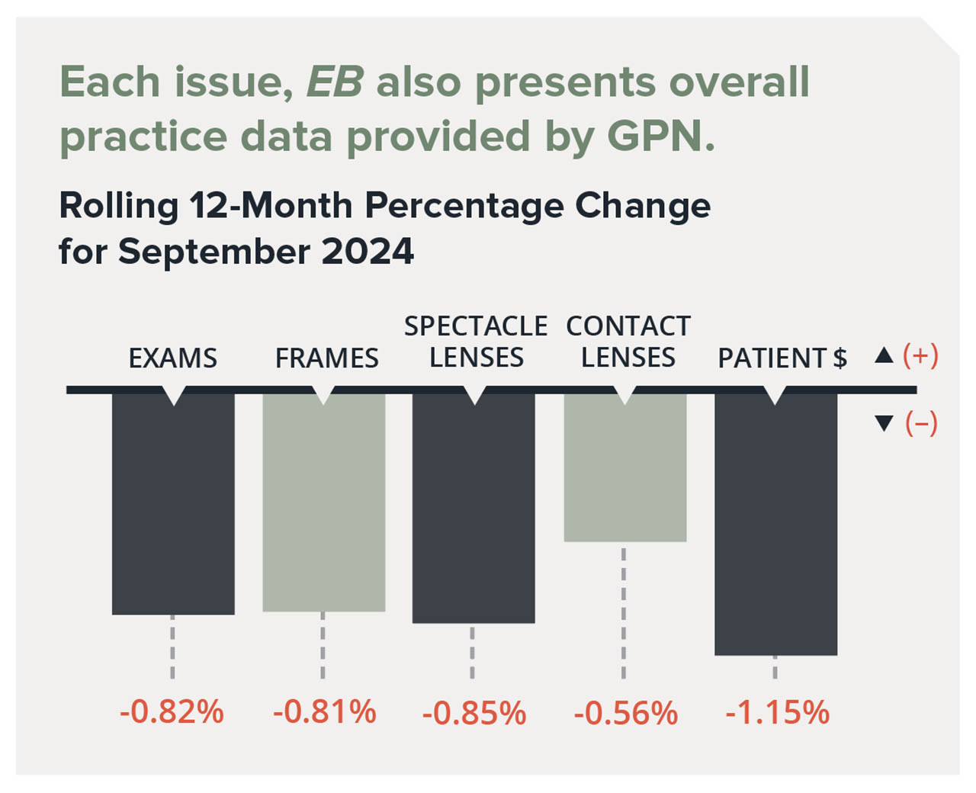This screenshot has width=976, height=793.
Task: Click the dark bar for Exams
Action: coord(173,503)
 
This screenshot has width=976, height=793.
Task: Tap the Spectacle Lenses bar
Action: coord(474,508)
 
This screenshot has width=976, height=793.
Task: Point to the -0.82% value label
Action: coord(172,712)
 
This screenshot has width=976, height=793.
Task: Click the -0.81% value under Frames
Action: coord(324,712)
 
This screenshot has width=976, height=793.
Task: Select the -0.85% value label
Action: coord(474,714)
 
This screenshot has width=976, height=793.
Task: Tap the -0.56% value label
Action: coord(625,714)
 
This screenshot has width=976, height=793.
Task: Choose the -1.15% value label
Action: coord(777,713)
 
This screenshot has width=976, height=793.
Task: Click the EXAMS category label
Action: coord(172,358)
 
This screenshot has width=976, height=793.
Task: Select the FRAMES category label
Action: coord(326,358)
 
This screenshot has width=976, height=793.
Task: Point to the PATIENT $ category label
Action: coord(782,358)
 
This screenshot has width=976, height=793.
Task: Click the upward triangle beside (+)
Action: coord(884,355)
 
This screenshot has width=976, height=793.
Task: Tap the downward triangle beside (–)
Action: coord(884,423)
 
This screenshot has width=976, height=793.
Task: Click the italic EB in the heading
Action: coord(334,82)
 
